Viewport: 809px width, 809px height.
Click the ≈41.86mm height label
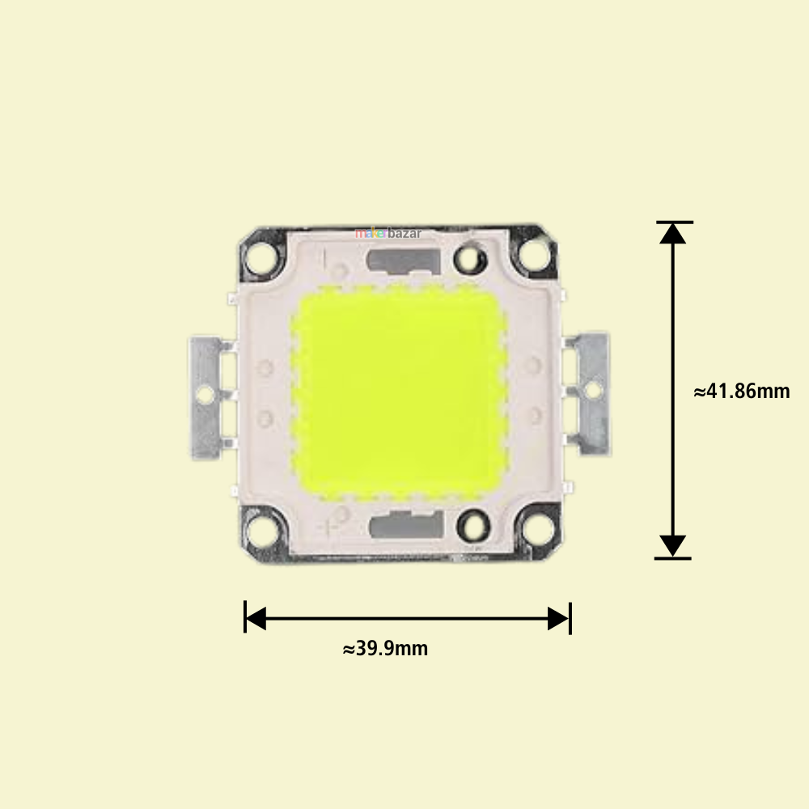coord(741,391)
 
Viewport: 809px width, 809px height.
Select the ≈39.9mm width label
coord(385,648)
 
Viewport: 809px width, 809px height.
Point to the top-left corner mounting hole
coord(261,256)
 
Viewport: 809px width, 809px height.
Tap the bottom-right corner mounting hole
coord(532,530)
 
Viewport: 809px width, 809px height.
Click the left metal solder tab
coord(206,396)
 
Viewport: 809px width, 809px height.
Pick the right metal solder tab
coord(591,392)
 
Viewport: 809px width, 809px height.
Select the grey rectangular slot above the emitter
coord(402,260)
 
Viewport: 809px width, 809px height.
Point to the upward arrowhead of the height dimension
coord(672,233)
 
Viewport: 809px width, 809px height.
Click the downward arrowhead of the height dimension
coord(672,546)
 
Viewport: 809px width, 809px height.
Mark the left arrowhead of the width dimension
coord(256,619)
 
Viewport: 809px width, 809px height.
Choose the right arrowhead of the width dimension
coord(558,619)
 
